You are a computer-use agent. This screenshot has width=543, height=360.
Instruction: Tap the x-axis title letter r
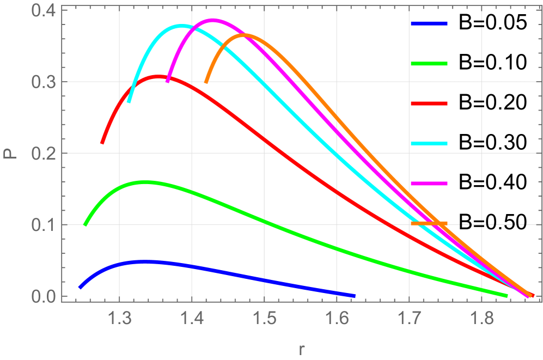[x=301, y=347]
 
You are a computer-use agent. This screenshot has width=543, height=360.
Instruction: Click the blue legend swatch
[x=429, y=24]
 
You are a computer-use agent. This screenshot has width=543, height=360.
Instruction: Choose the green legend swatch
[x=429, y=64]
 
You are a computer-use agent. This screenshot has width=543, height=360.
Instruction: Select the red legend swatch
[x=429, y=103]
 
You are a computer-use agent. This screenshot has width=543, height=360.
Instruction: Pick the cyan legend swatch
[x=429, y=144]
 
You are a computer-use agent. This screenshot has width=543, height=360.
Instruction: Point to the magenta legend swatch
[x=429, y=184]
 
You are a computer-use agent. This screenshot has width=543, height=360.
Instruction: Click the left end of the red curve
[x=102, y=143]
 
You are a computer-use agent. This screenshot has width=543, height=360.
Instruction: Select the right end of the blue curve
[x=355, y=296]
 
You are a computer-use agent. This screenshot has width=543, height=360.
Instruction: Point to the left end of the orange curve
[x=206, y=82]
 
